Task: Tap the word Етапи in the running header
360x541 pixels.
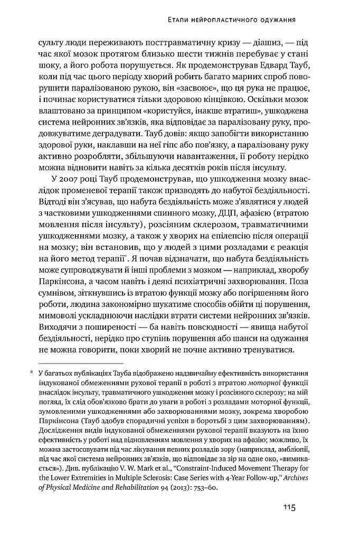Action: pyautogui.click(x=177, y=20)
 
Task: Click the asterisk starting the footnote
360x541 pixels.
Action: pyautogui.click(x=32, y=374)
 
